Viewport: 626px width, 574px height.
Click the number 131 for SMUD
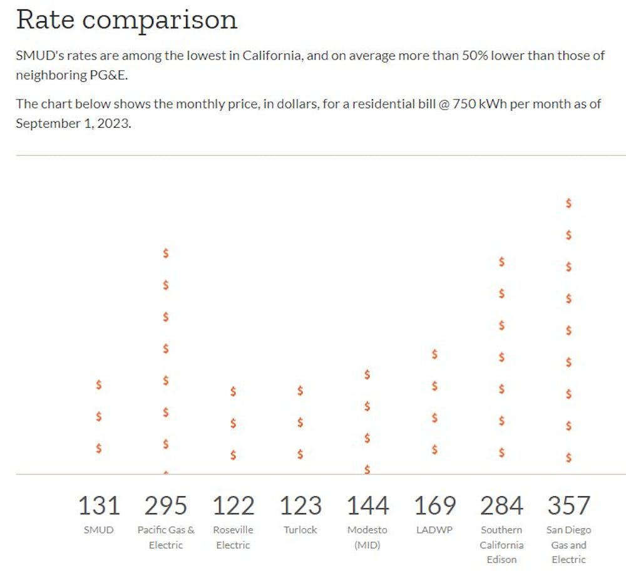[x=99, y=505]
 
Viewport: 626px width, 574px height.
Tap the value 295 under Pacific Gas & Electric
[x=166, y=505]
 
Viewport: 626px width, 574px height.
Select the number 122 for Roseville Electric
[x=233, y=505]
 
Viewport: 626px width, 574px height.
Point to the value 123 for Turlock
[x=300, y=505]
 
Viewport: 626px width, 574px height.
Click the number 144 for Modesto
[x=367, y=505]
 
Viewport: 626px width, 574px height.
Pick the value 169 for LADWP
[x=434, y=505]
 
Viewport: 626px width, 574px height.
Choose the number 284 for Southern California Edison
[x=501, y=505]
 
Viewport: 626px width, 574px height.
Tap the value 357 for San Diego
[x=568, y=505]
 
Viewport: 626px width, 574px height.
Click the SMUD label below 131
[x=99, y=530]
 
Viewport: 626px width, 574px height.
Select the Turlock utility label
[x=300, y=530]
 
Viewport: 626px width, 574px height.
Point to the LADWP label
[x=434, y=530]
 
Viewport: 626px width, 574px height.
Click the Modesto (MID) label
[x=367, y=537]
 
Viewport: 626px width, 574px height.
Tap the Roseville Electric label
[x=233, y=537]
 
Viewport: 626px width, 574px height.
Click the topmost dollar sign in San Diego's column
[x=568, y=203]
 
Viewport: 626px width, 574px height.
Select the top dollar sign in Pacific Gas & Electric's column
[x=166, y=253]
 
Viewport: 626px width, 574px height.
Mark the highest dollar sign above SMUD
[x=99, y=384]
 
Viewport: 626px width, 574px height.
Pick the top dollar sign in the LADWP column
[x=434, y=354]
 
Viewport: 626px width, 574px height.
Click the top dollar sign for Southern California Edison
[x=501, y=262]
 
